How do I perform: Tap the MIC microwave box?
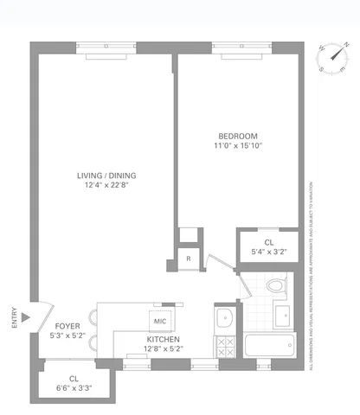click(159, 322)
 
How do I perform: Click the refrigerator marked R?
click(188, 259)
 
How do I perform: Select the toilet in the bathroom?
click(276, 285)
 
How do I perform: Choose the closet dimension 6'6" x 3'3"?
click(74, 387)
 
